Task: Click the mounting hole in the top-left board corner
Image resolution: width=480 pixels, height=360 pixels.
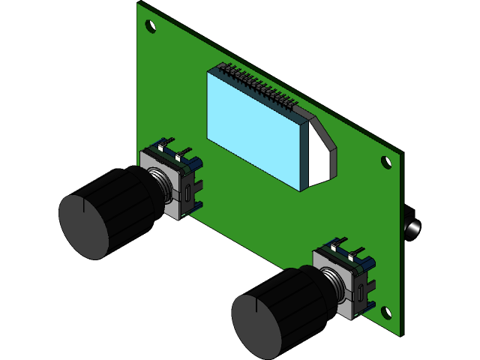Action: click(150, 27)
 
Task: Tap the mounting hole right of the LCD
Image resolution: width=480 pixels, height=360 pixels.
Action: click(386, 161)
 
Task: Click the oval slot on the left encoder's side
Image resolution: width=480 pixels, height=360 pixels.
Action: click(186, 194)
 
